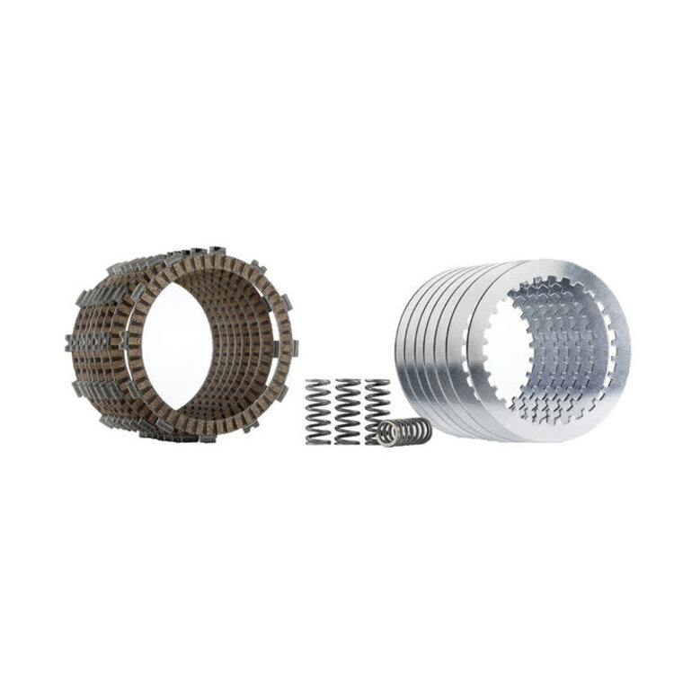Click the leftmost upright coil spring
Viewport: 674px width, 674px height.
coord(318,412)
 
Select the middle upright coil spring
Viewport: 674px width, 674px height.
coord(347,412)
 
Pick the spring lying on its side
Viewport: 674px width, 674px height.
coord(404,431)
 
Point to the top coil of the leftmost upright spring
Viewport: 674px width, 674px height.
coord(318,385)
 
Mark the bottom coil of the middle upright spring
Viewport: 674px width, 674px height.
coord(347,440)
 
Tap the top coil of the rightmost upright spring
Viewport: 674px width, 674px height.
coord(377,384)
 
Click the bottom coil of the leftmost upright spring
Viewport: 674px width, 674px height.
coord(318,440)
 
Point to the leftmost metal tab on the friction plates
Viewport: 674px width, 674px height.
coord(69,341)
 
